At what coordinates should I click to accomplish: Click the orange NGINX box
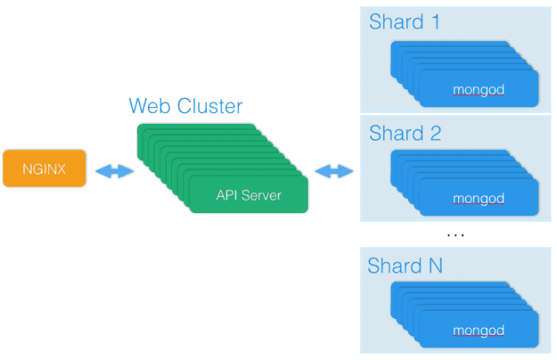coord(44,168)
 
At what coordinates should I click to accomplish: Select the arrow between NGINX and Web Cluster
coord(113,171)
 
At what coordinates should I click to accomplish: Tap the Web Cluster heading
coord(185,106)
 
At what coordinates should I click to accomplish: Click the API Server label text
coord(249,194)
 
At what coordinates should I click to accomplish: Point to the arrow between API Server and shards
coord(333,171)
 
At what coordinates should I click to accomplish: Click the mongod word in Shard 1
coord(479,89)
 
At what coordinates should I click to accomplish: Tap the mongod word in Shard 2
coord(479,198)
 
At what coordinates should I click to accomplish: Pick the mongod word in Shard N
coord(479,331)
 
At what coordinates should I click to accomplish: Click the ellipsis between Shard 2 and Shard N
coord(455,234)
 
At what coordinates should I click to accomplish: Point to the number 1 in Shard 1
coord(434,21)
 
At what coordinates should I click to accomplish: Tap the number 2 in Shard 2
coord(435,134)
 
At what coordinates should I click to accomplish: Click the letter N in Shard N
coord(434,266)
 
